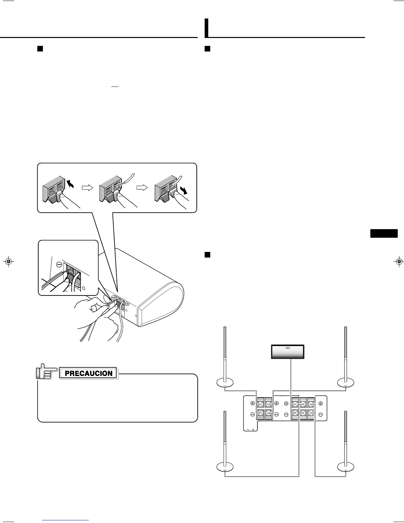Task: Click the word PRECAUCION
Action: click(89, 373)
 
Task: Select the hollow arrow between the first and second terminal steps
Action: click(87, 188)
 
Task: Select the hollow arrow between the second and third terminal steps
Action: click(142, 188)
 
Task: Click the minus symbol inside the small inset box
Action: click(59, 264)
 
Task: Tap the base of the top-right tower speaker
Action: click(346, 383)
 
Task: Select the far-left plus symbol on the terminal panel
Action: click(252, 403)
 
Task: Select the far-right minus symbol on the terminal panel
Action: click(320, 414)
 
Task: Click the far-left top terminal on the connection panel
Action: click(260, 403)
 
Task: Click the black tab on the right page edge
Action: click(383, 233)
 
